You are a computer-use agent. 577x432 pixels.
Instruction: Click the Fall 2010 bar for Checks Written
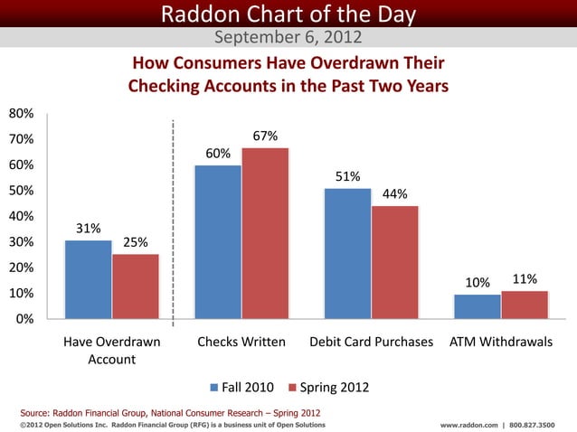click(218, 241)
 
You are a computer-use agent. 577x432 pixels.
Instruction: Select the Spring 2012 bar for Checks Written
click(265, 232)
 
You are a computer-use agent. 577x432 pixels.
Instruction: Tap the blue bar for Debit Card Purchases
click(347, 253)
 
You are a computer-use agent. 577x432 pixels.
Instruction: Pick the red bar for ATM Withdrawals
click(525, 305)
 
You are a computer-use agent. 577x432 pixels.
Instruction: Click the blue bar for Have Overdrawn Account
click(88, 279)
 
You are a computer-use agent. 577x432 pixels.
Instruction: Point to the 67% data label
click(265, 136)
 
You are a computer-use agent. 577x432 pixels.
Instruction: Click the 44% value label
click(395, 194)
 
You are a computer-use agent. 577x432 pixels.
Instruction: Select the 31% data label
click(88, 229)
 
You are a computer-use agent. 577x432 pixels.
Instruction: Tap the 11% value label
click(525, 279)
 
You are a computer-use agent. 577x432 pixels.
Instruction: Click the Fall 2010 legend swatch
click(214, 388)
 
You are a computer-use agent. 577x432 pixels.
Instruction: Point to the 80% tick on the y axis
click(21, 114)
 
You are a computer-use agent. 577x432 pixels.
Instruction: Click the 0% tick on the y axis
click(27, 319)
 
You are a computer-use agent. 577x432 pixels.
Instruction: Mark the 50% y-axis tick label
click(21, 191)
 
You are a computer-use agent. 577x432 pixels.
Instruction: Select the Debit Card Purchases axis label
click(371, 343)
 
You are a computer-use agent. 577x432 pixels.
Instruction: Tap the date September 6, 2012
click(288, 38)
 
